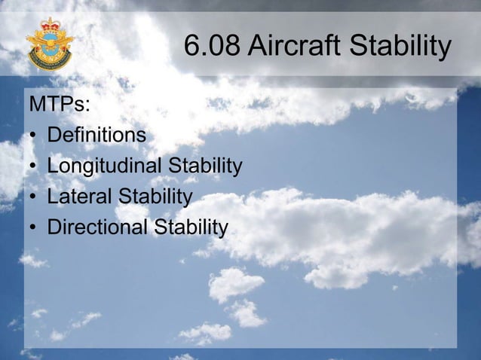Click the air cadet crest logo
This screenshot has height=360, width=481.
tap(50, 45)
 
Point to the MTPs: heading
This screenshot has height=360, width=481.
tap(60, 105)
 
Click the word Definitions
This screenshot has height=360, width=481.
tap(97, 136)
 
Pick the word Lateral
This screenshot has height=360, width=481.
tap(78, 197)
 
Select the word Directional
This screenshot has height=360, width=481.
tap(97, 227)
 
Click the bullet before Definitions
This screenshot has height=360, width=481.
tap(34, 137)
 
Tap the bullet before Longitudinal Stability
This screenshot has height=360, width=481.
tap(34, 167)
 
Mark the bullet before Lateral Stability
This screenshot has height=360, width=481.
tap(34, 198)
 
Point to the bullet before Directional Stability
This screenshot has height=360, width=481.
tap(34, 228)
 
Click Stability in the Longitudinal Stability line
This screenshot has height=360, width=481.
tap(205, 166)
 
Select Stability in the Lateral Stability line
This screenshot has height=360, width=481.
tap(155, 197)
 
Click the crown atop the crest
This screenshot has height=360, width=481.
tap(51, 24)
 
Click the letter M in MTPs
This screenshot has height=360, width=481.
tap(37, 105)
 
